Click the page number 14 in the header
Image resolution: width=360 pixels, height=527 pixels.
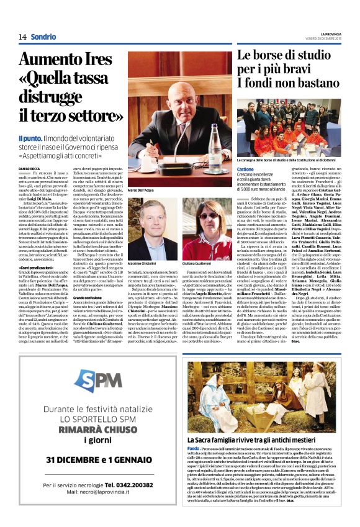pyautogui.click(x=22, y=37)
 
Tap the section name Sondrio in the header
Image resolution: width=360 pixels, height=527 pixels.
pyautogui.click(x=43, y=37)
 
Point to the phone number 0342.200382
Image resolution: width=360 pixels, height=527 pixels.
pyautogui.click(x=125, y=484)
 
